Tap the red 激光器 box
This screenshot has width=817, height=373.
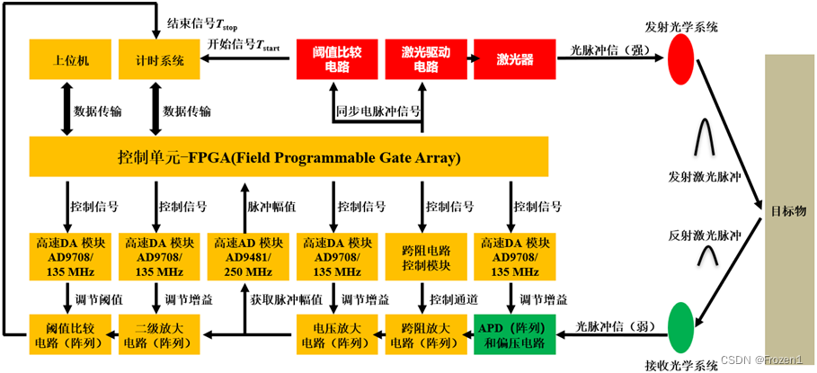514,58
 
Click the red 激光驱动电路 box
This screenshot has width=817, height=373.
425,58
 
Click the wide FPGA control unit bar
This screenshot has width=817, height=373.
289,158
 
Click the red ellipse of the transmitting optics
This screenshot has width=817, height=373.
685,57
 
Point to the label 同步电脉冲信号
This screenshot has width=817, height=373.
378,111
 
